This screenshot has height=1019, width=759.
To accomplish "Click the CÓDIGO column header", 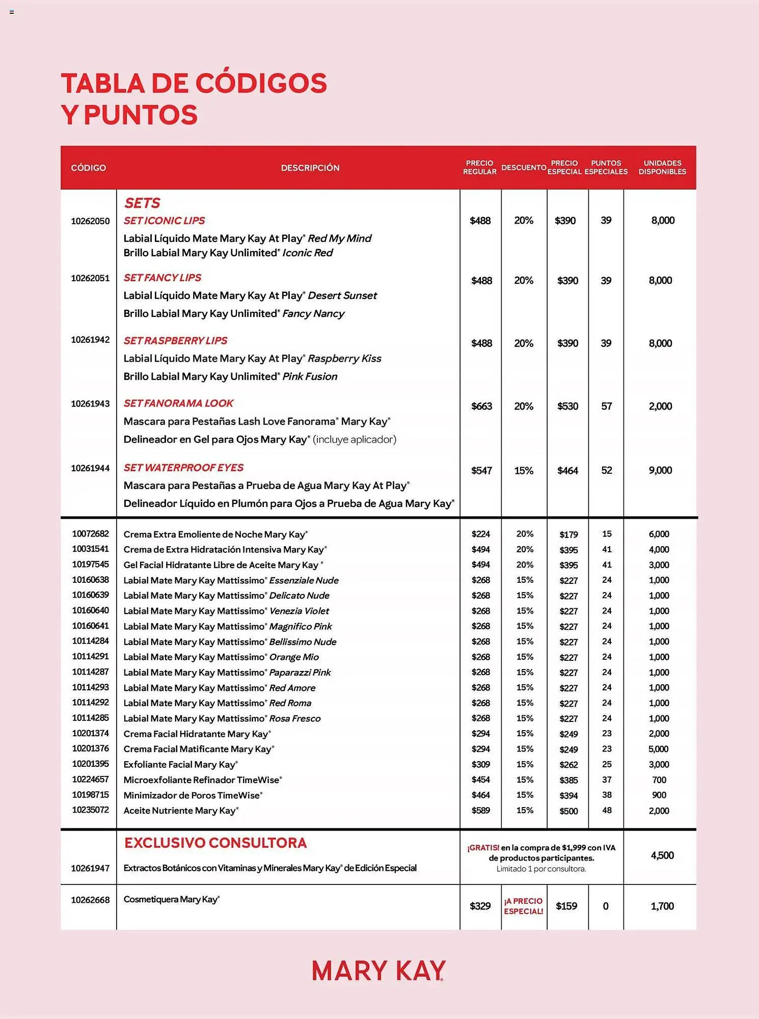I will tap(89, 168).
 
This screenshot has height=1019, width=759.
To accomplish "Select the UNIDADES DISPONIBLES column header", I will tap(662, 168).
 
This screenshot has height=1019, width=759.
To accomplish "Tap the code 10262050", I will tap(90, 221).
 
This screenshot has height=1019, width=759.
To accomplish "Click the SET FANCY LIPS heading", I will tap(162, 278).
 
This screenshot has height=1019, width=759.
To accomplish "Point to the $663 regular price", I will tap(481, 406).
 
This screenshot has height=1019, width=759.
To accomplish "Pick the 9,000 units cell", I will tap(660, 470).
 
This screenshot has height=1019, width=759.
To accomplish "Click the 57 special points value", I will tap(606, 406).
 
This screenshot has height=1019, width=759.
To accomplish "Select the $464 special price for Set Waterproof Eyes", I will tap(567, 471).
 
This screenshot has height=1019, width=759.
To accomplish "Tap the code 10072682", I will tap(90, 534).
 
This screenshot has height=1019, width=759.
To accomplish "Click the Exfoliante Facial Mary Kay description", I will tap(180, 764).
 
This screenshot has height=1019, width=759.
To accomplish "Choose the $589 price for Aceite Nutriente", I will tap(480, 810).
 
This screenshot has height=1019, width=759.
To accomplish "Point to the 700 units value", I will tap(659, 780).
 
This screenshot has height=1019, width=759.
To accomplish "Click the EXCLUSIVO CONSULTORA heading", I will tap(215, 843).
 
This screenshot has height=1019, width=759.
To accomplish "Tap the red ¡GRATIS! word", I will tap(483, 848).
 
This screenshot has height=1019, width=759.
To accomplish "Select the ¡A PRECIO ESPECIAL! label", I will tap(524, 906).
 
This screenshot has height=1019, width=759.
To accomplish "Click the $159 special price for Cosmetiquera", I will tap(566, 906).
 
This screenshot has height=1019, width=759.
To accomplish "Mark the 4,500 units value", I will tap(662, 855).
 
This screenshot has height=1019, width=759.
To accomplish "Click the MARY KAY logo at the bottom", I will tap(378, 971).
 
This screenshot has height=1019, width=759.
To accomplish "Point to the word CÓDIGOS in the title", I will tap(261, 84).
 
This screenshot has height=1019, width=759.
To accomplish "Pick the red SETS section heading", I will tap(142, 203).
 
